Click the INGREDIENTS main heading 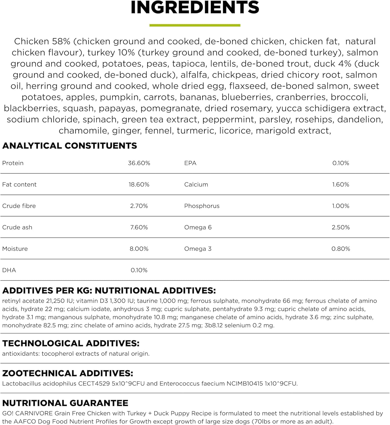(x=195, y=7)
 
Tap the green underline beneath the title (x=195, y=25)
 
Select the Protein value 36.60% (x=139, y=163)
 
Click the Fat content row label (x=19, y=184)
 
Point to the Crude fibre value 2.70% (x=139, y=206)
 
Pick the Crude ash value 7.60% (x=139, y=227)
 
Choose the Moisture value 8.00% (x=139, y=249)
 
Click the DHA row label (x=9, y=270)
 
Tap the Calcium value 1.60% (x=341, y=184)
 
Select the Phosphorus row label (x=202, y=206)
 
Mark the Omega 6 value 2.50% (x=341, y=227)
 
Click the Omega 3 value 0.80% (x=341, y=249)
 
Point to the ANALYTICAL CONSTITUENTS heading (x=70, y=146)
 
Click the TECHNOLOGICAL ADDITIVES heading (x=71, y=343)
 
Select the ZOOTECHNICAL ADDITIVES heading (x=68, y=373)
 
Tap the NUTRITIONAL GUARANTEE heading (x=65, y=403)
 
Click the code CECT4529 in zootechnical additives (x=95, y=384)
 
